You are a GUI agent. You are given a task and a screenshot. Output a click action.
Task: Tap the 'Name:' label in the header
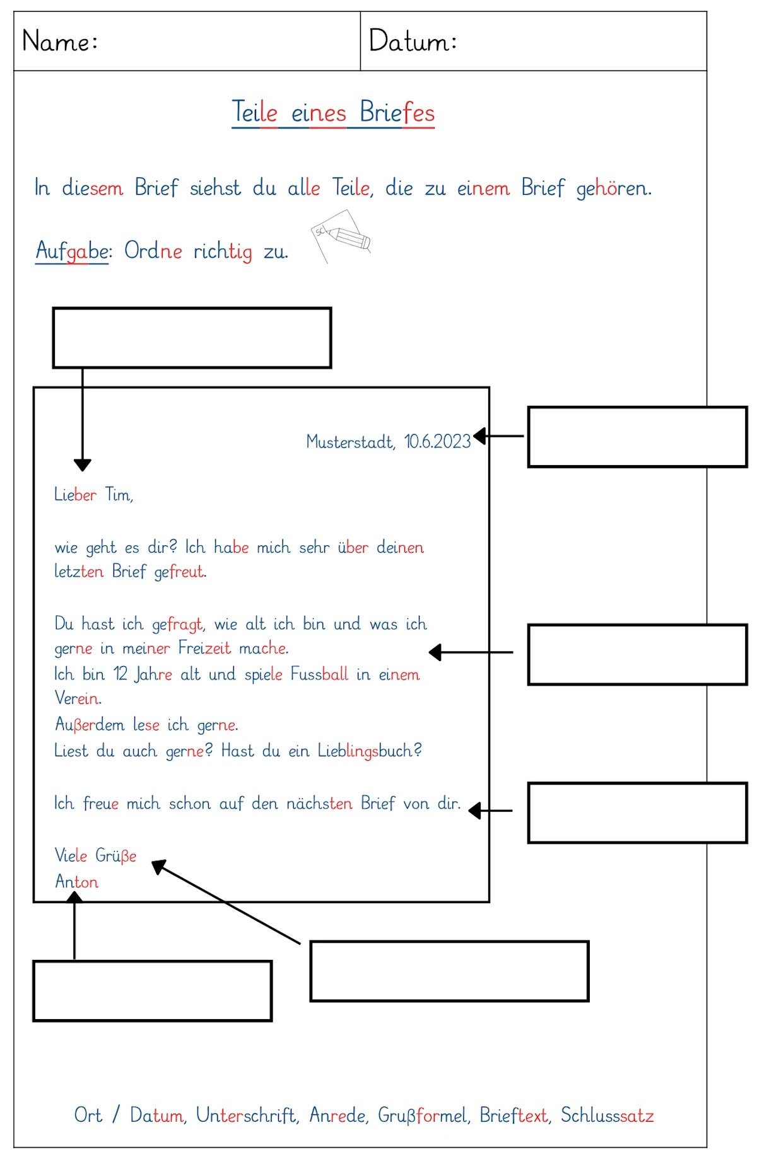point(60,42)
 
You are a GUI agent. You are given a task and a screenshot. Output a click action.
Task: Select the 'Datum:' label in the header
point(413,42)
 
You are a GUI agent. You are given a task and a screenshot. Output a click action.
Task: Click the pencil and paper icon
point(341,236)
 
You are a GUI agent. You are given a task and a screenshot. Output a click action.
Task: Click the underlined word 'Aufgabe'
point(73,251)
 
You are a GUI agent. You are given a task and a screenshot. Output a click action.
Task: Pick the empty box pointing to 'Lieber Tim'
point(192,338)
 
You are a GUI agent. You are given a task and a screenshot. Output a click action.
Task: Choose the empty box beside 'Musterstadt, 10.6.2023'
point(637,437)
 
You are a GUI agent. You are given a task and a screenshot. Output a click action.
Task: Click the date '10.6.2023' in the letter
point(437,441)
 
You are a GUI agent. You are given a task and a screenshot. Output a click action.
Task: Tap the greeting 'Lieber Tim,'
point(93,495)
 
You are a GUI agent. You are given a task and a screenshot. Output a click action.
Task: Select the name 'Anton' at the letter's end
point(76,881)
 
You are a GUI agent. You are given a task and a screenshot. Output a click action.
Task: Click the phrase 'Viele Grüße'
point(95,855)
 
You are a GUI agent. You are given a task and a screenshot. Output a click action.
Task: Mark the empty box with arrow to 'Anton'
point(152,991)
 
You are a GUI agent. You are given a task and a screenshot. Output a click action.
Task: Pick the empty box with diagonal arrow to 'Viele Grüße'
point(449,971)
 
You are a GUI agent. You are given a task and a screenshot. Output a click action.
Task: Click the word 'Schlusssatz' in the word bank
point(607,1116)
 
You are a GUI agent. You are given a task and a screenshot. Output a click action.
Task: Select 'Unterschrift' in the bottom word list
point(246,1116)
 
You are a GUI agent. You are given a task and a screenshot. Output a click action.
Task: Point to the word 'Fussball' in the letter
point(319,674)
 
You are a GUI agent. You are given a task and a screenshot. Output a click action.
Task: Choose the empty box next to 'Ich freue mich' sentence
point(637,813)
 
